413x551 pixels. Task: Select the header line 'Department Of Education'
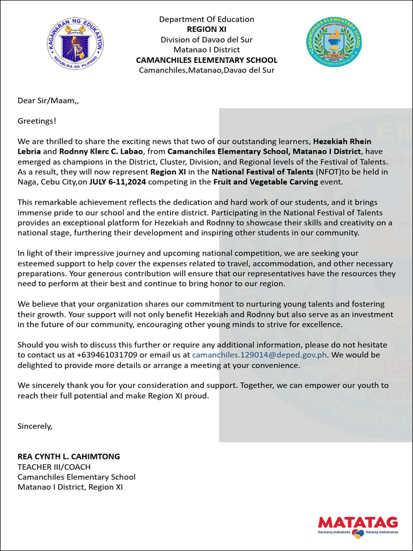206,19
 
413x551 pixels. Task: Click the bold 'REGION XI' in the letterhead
206,29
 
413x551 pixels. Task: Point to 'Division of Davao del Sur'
206,39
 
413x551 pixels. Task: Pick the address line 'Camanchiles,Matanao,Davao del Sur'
206,70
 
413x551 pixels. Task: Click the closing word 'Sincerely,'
35,426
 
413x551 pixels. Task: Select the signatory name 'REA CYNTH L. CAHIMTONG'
69,456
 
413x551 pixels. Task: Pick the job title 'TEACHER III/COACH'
54,467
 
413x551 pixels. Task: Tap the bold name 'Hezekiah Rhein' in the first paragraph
350,142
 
